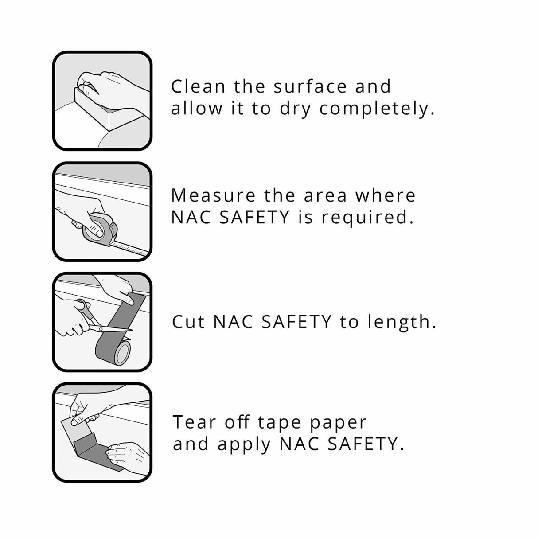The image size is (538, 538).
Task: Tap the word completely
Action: click(377, 109)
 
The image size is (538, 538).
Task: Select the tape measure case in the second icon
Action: click(101, 226)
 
